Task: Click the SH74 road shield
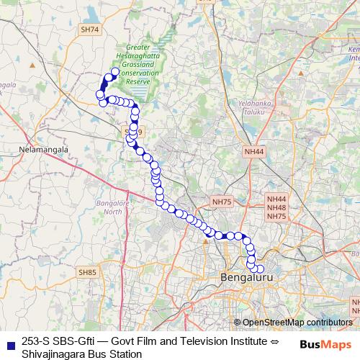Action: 90,30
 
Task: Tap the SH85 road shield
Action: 87,272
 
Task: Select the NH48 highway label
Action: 276,207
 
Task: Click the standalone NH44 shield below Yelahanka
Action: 254,152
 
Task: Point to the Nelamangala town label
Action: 43,150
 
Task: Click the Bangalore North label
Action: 110,207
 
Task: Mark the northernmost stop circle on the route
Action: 114,71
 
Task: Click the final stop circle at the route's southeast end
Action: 260,269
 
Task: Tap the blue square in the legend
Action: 10,343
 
